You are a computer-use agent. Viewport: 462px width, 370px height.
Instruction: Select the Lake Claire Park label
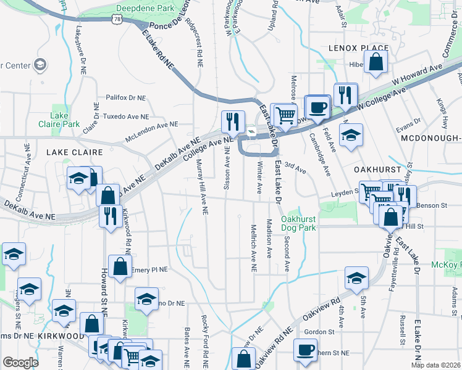[x=65, y=120]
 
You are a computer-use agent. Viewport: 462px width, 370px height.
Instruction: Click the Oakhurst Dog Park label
[x=298, y=223]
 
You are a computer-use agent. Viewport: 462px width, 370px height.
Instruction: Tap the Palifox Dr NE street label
[x=125, y=97]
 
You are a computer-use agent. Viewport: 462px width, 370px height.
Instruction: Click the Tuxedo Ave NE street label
[x=128, y=116]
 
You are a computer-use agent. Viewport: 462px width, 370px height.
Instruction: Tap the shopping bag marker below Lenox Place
[x=376, y=62]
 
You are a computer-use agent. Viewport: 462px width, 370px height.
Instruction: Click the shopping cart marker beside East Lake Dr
[x=285, y=115]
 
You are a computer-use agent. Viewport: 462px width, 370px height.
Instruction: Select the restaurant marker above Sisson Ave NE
[x=233, y=121]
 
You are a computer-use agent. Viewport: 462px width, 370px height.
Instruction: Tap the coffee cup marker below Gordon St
[x=305, y=350]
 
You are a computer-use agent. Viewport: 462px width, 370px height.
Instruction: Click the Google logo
[x=21, y=363]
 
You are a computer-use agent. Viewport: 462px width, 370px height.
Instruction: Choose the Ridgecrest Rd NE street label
[x=199, y=47]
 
